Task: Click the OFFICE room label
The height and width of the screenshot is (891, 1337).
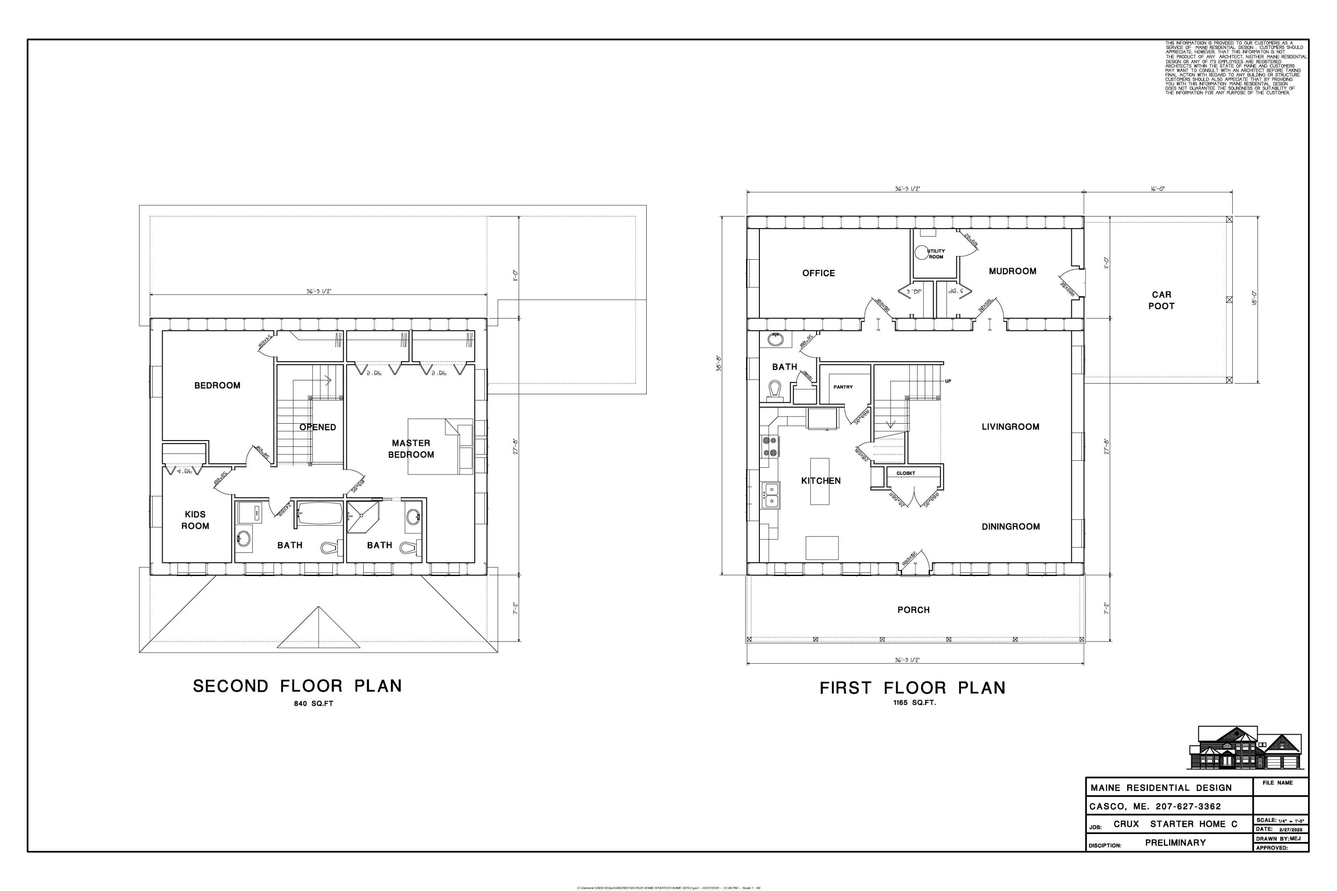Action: coord(819,274)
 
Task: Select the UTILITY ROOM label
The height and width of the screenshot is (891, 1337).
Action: coord(935,254)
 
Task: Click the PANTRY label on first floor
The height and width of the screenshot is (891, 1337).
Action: coord(843,387)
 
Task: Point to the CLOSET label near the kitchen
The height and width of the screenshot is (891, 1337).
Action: coord(906,473)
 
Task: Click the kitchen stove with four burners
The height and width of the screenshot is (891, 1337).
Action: coord(770,447)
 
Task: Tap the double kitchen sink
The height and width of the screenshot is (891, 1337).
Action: coord(771,495)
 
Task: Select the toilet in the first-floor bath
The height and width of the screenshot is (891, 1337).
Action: coord(774,391)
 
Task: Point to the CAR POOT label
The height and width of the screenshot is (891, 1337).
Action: coord(1161,300)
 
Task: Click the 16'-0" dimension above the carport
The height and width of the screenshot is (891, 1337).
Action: coord(1158,188)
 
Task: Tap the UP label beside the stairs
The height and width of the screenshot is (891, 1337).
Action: coord(947,381)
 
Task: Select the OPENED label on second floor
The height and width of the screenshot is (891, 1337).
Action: coord(318,427)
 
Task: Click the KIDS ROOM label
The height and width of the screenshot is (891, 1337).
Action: coord(195,520)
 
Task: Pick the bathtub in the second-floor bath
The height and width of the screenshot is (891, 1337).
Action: coord(319,514)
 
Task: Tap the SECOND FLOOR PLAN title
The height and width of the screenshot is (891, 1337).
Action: coord(297,687)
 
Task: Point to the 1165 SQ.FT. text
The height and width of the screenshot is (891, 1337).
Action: coord(914,703)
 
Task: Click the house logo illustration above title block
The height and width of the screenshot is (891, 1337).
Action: coord(1244,748)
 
